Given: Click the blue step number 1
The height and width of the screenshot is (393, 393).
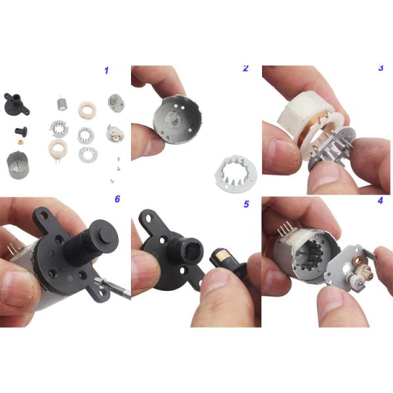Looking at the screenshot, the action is coord(107,71).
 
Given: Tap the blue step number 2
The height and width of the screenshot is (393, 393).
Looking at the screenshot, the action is coord(246,68).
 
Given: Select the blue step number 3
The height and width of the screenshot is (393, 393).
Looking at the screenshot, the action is coord(381,68).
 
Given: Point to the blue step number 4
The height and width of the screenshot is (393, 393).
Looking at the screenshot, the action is coord(380,200).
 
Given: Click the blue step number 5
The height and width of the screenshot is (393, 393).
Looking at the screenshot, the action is coord(246,204).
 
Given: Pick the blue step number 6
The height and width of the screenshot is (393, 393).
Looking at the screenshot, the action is coord(117,198).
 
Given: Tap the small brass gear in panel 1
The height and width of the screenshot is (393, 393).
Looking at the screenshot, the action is coord(19,141).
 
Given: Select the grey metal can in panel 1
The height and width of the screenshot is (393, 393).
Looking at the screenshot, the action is coord(18,165).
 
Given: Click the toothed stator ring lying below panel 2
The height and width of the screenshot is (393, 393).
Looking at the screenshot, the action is coord(235,172).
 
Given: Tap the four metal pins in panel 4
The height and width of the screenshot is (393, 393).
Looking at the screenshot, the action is coord(285,229).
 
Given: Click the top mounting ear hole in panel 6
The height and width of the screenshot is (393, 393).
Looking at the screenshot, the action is coord(45,215).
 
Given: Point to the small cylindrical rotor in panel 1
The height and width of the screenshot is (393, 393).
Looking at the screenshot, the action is coord(61,103).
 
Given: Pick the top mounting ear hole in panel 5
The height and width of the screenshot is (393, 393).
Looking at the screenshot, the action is coord(149,218).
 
